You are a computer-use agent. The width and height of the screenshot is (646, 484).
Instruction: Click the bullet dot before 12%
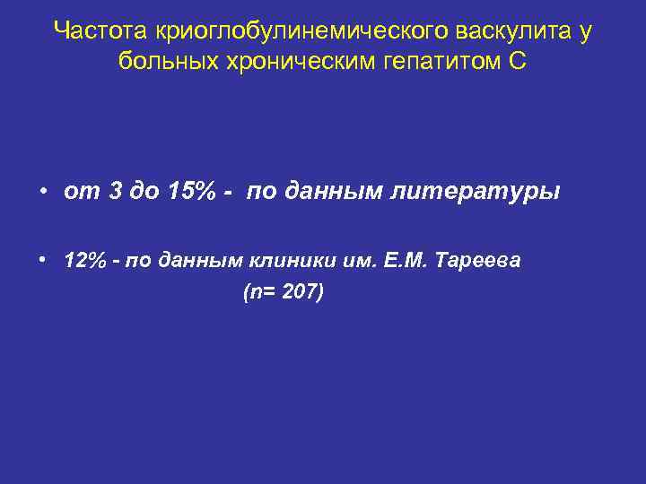[42, 261]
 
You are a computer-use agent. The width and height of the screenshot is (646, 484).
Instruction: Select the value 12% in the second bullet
[83, 261]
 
